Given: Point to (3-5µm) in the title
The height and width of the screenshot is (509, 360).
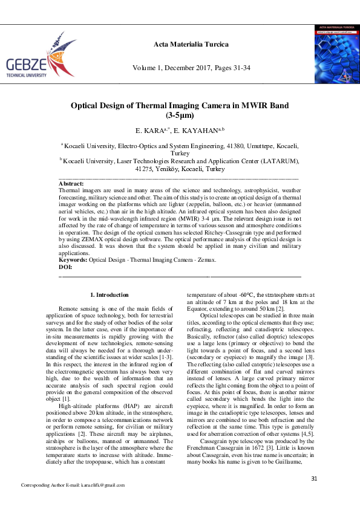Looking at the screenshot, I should click(x=180, y=115).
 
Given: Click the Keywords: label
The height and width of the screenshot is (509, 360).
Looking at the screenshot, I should click(x=73, y=260).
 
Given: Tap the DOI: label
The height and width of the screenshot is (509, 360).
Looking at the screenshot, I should click(x=65, y=266).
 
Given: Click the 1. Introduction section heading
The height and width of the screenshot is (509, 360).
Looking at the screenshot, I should click(x=109, y=295).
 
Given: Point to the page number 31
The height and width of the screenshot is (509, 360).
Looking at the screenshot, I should click(x=314, y=479).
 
